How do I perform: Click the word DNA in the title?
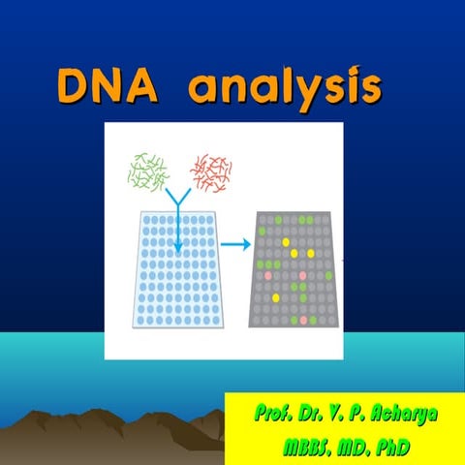(109, 86)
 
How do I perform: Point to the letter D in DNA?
(75, 86)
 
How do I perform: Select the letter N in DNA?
(109, 86)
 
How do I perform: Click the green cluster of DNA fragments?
(147, 170)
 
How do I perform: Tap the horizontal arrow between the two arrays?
(235, 243)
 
